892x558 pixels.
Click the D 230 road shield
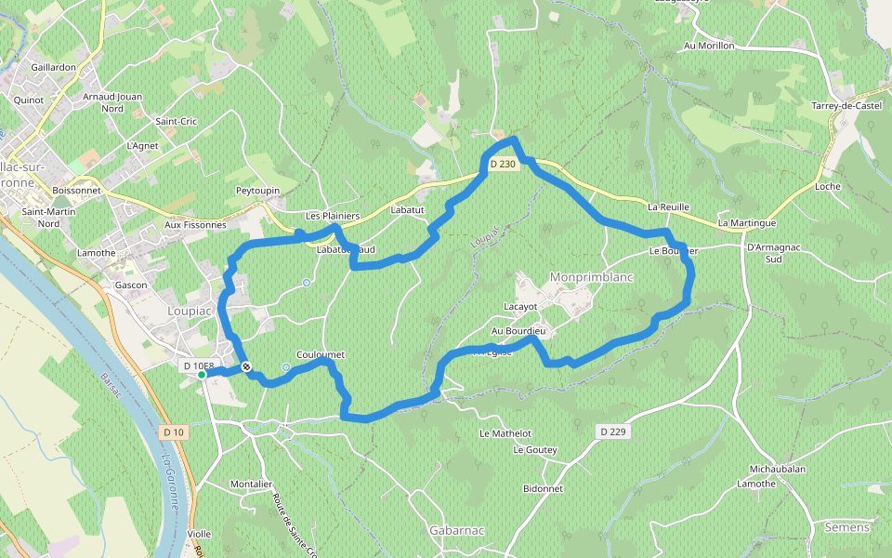coord(502,165)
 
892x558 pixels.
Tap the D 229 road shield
coord(611,432)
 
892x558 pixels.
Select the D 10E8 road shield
coord(199,366)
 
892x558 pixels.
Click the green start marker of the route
coord(202,375)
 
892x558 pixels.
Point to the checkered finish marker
coord(246,367)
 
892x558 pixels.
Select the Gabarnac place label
coord(457,530)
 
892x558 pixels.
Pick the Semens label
coord(847,527)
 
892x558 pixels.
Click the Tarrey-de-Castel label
coord(846,106)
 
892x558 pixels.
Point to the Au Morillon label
coord(709,46)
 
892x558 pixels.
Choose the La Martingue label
coord(746,223)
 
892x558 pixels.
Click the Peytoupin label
coord(258,191)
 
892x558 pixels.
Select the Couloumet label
coord(321,354)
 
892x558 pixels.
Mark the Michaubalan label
coord(778,471)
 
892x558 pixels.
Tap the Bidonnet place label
coord(544,488)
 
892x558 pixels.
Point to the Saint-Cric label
coord(177,122)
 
